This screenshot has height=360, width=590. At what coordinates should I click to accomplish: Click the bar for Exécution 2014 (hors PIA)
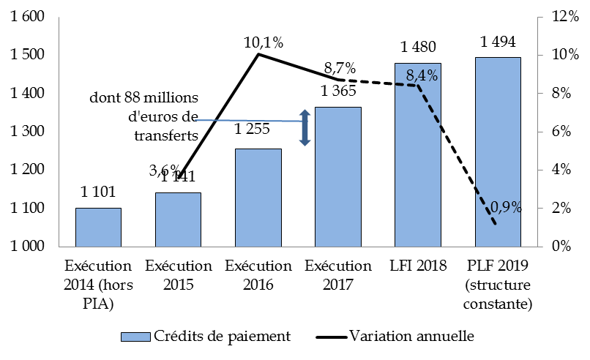(98, 228)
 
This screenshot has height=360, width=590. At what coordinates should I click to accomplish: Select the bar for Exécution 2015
(178, 220)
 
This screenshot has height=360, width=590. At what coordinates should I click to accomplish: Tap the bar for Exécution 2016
(258, 198)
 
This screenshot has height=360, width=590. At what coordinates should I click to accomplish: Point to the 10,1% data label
(263, 42)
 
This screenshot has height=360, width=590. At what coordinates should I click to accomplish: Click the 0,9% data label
(505, 207)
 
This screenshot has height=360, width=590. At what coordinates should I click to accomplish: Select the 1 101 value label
(99, 192)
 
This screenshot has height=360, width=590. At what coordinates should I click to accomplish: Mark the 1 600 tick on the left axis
(27, 17)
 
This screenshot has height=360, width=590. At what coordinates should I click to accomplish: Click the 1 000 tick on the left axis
(27, 247)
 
